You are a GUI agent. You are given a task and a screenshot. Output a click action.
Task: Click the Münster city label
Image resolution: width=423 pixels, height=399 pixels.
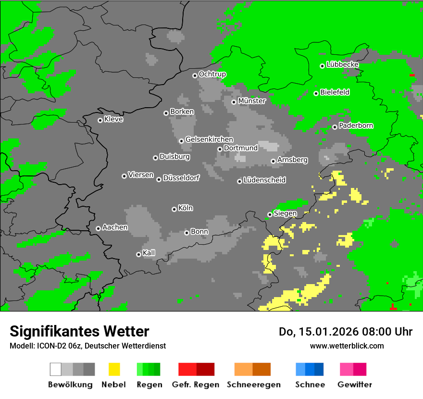pyautogui.click(x=252, y=101)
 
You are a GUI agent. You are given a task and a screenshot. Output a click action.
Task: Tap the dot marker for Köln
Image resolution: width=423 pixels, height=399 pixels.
pyautogui.click(x=174, y=209)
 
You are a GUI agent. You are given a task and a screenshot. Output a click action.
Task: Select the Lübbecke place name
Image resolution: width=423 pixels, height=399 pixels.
pyautogui.click(x=343, y=64)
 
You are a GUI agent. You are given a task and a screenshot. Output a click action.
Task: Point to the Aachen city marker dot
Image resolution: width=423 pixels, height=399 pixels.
pyautogui.click(x=98, y=228)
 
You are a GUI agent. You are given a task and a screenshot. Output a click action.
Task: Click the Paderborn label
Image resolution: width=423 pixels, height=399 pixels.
pyautogui.click(x=356, y=125)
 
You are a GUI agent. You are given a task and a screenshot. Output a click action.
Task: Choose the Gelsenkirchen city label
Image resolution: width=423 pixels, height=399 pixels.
pyautogui.click(x=209, y=139)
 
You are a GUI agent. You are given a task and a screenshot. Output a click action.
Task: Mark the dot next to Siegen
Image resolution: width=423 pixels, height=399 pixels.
pyautogui.click(x=270, y=214)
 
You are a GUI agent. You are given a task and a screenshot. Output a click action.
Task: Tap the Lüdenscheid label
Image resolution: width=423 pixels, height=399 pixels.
pyautogui.click(x=264, y=180)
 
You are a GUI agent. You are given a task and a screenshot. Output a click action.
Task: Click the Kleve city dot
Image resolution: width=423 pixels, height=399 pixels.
pyautogui.click(x=100, y=120)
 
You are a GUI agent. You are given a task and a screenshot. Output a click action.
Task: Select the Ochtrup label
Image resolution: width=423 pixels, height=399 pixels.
pyautogui.click(x=212, y=74)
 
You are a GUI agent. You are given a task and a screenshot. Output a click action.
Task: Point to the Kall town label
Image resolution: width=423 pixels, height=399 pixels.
pyautogui.click(x=149, y=253)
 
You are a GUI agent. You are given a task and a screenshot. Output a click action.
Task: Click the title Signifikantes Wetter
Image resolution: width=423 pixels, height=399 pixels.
pyautogui.click(x=79, y=331)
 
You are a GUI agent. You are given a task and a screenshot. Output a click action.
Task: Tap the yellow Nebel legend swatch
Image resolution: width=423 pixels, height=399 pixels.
pyautogui.click(x=114, y=369)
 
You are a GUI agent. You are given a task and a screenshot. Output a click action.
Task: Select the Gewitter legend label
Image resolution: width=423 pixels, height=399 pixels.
pyautogui.click(x=355, y=385)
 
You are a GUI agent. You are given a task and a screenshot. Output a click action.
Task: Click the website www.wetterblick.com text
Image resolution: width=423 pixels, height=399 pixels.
pyautogui.click(x=347, y=346)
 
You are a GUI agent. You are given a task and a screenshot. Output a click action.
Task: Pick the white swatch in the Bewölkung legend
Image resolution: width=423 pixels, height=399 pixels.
pyautogui.click(x=55, y=369)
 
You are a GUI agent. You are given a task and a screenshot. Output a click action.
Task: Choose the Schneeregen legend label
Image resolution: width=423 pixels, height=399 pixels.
pyautogui.click(x=253, y=385)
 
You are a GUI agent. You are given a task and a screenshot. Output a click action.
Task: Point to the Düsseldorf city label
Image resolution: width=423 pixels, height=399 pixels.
pyautogui.click(x=181, y=178)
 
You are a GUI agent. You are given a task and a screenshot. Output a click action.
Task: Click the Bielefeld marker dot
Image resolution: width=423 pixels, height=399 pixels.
pyautogui.click(x=316, y=93)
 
